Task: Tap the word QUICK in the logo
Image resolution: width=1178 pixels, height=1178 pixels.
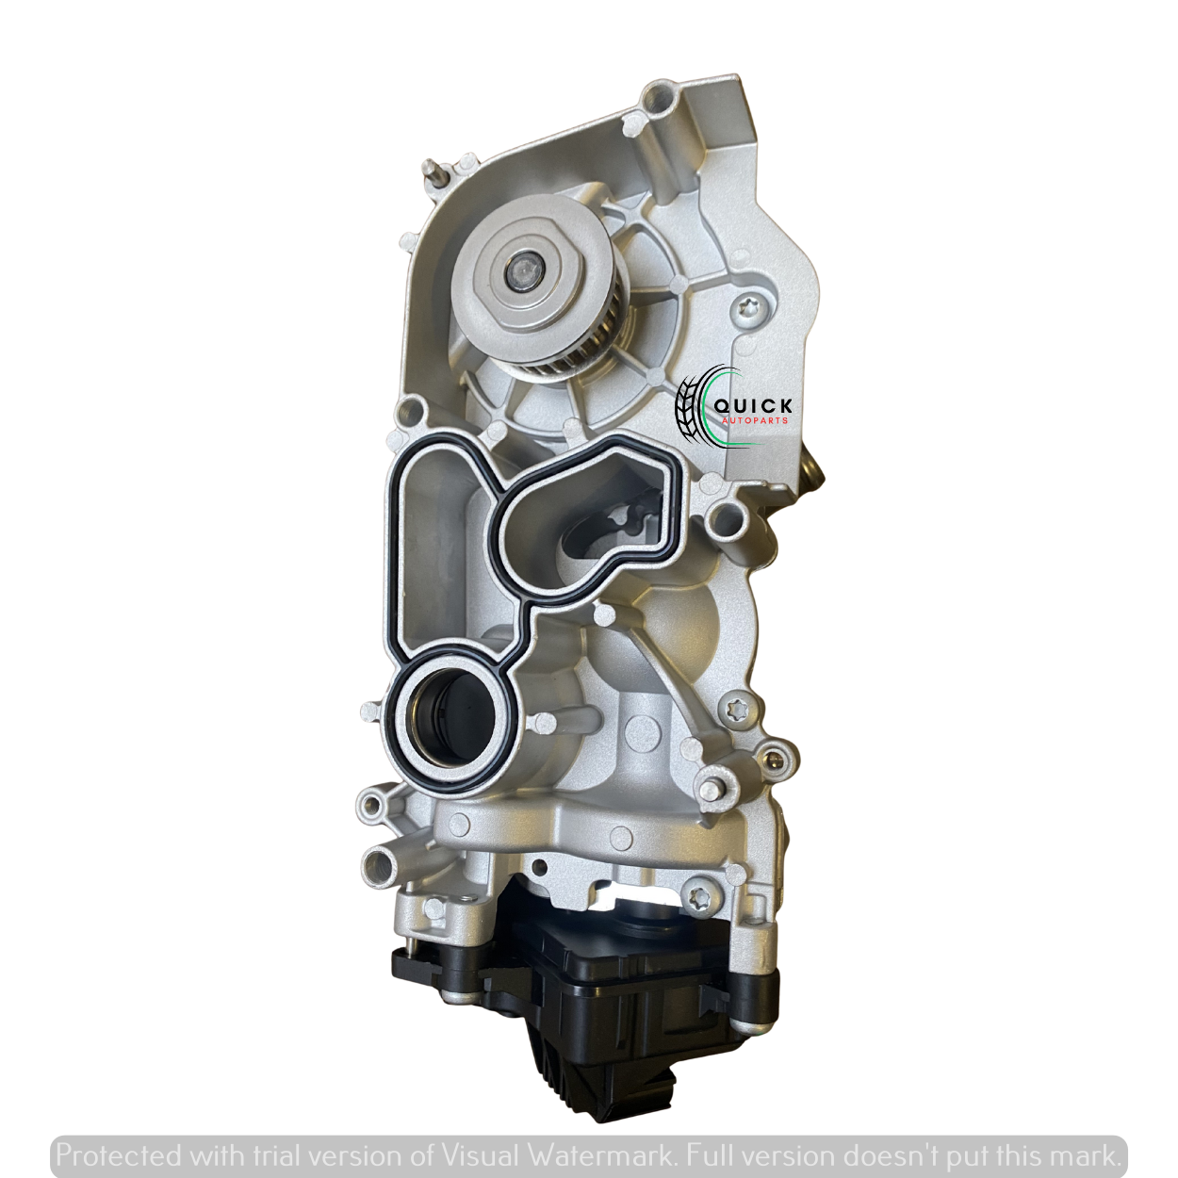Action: pos(753,405)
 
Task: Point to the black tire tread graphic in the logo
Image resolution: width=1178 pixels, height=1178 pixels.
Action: pos(689,403)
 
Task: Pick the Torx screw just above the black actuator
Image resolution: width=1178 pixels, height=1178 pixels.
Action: pos(698,913)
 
